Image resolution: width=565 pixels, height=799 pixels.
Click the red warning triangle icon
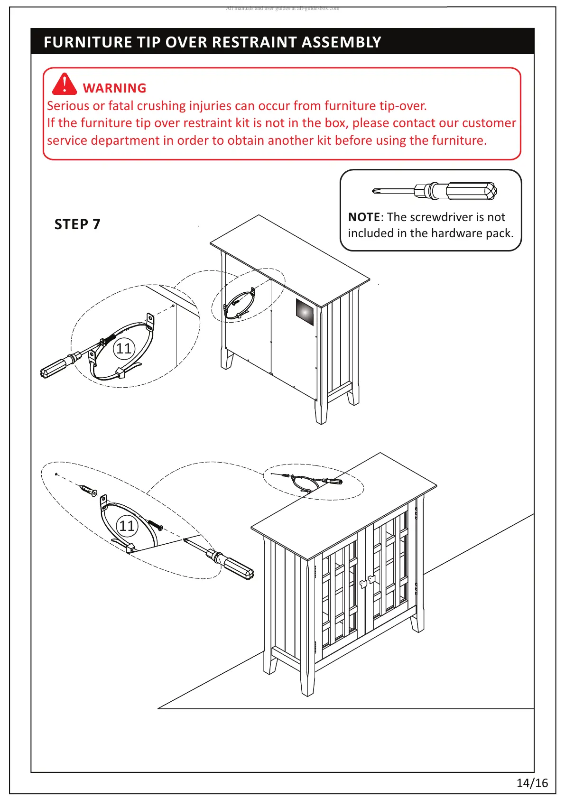pyautogui.click(x=64, y=84)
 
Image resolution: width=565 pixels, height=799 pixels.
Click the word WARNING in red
pyautogui.click(x=114, y=88)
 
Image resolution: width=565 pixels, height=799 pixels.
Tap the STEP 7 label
pyautogui.click(x=77, y=224)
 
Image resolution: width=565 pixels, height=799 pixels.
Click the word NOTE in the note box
pyautogui.click(x=364, y=217)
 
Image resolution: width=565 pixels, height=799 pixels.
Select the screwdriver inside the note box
pyautogui.click(x=435, y=191)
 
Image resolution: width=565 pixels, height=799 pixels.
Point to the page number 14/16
pyautogui.click(x=532, y=783)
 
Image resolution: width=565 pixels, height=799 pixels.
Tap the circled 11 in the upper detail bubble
pyautogui.click(x=124, y=349)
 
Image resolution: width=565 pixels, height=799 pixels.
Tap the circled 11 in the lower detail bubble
pyautogui.click(x=127, y=526)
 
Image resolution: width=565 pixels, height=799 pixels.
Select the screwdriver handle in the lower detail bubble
pyautogui.click(x=237, y=567)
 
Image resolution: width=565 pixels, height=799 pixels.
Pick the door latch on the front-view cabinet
pyautogui.click(x=367, y=581)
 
